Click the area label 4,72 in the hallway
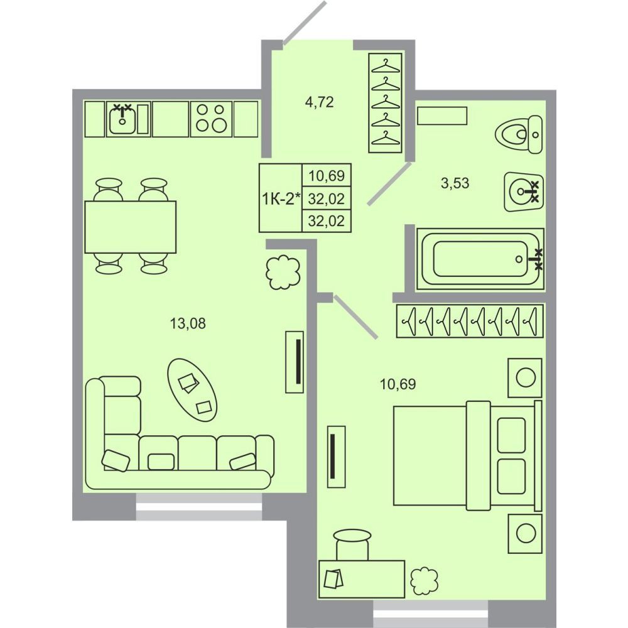[319, 102]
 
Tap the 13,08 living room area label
[188, 323]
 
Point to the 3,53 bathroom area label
[455, 183]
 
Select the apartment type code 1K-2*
[280, 198]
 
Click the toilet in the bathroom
[519, 134]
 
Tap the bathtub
[480, 259]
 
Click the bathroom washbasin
[524, 192]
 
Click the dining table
[131, 227]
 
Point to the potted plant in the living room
[283, 272]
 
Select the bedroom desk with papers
[362, 579]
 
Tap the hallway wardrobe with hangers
[386, 103]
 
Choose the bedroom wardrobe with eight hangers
[470, 321]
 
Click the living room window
[199, 507]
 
